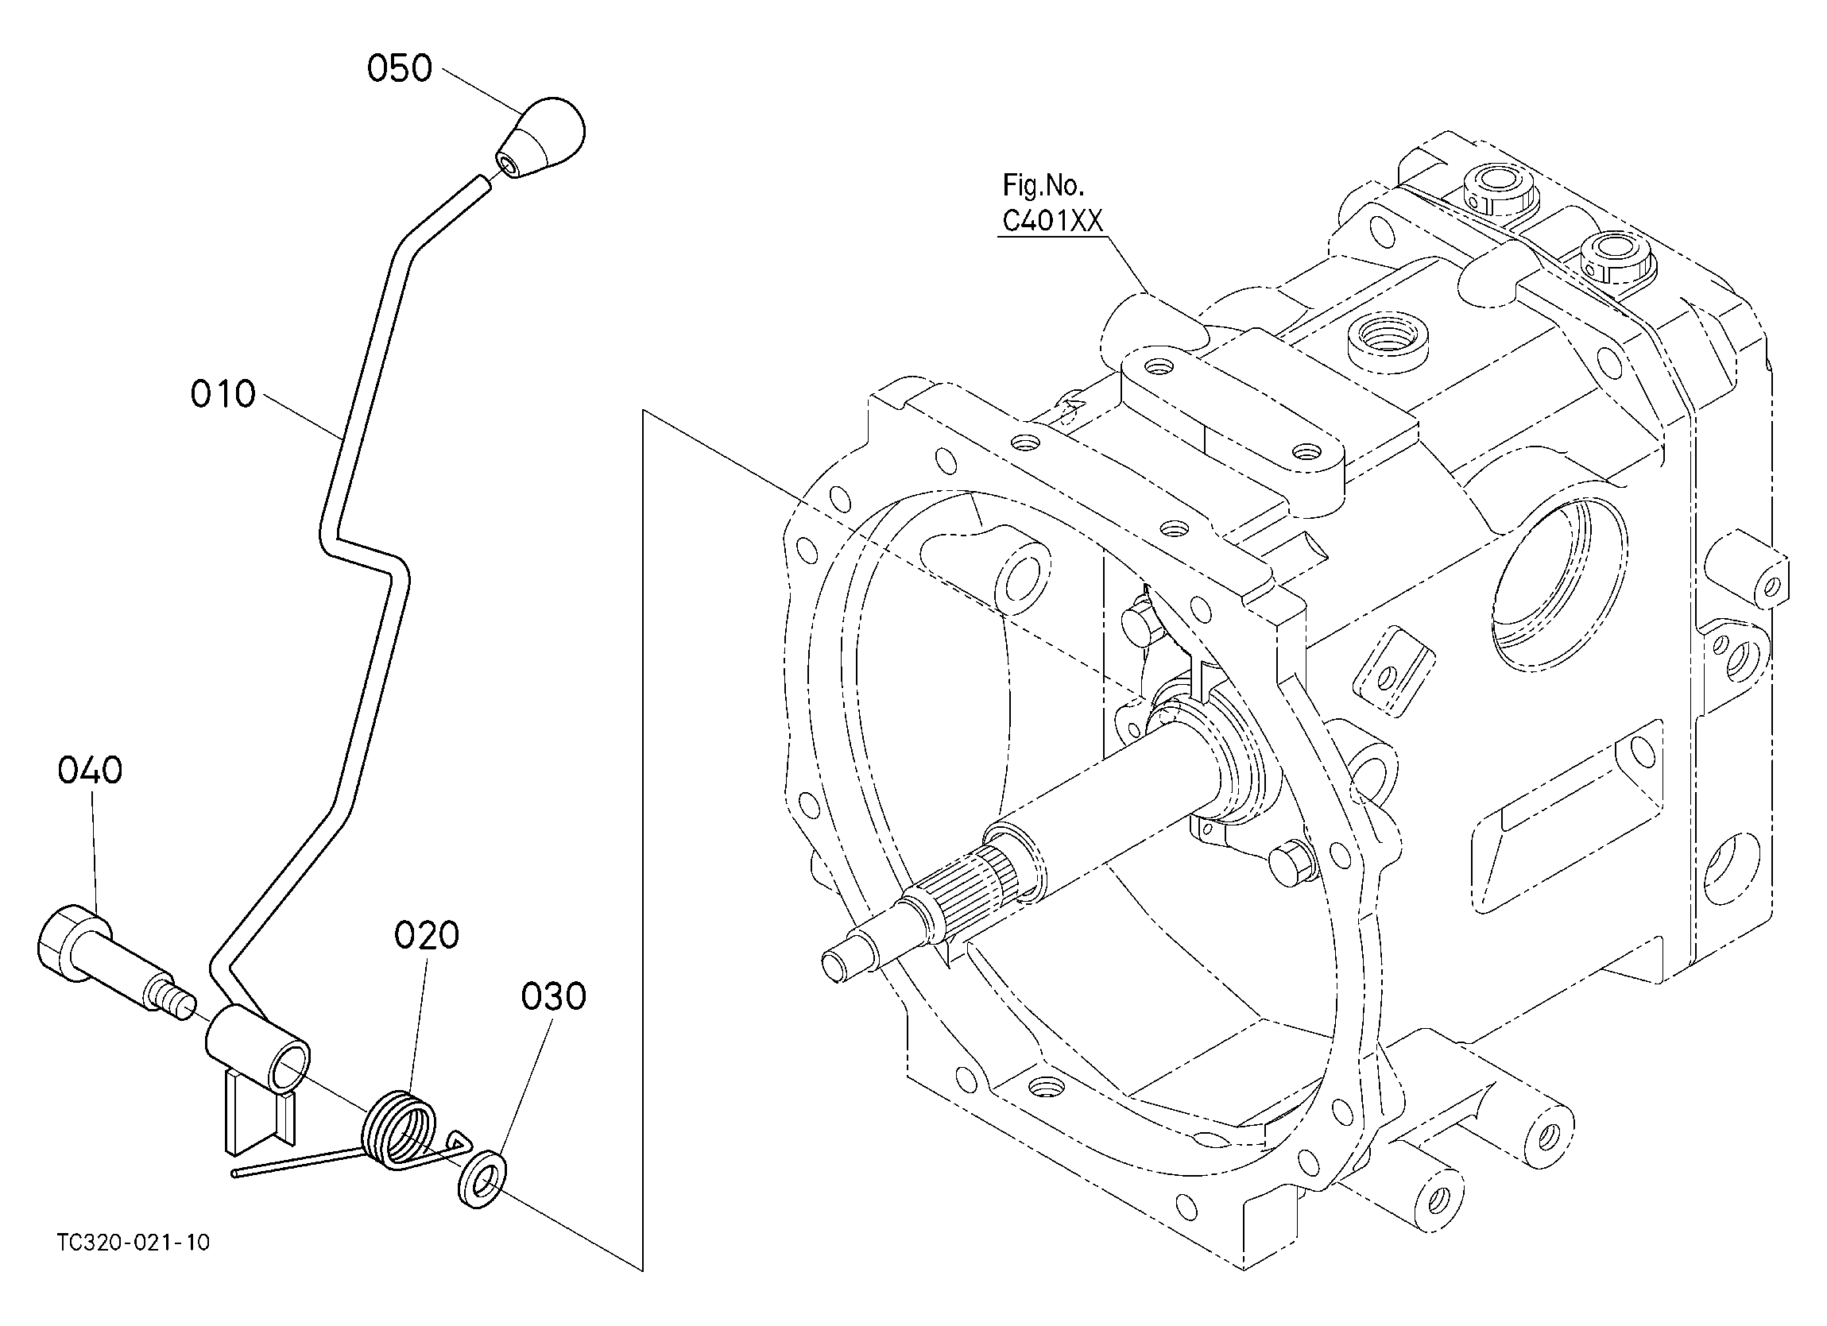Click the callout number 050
(400, 68)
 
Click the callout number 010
(223, 394)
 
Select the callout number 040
(91, 770)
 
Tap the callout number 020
(426, 934)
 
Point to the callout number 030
(553, 996)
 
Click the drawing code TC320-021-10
(134, 1243)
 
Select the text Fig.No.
(1043, 185)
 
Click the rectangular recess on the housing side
(1570, 814)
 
